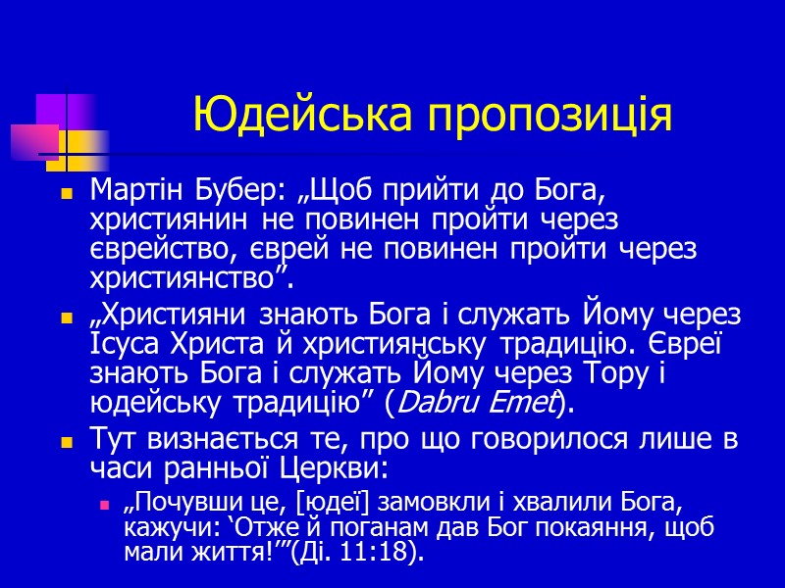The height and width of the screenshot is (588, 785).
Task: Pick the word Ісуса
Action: point(121,347)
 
